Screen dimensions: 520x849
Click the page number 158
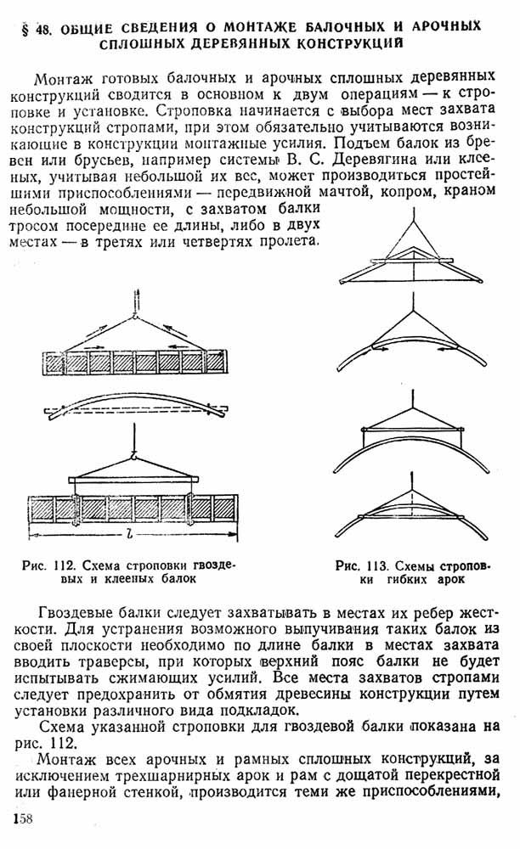(22, 818)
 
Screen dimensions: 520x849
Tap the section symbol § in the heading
(25, 31)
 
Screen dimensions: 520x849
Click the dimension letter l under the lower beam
(130, 535)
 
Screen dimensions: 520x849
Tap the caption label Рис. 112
(49, 565)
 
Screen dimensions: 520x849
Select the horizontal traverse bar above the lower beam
(133, 480)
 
